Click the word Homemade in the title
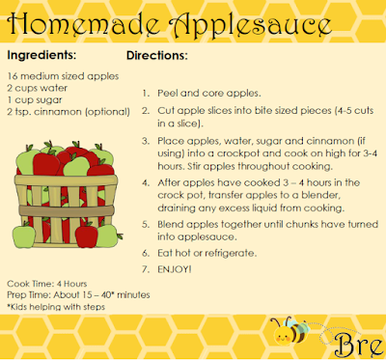click(x=84, y=25)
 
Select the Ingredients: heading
click(x=41, y=55)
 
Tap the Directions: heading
click(x=157, y=55)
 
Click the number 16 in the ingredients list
click(x=13, y=76)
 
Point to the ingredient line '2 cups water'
click(x=38, y=88)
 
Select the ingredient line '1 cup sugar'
click(x=35, y=100)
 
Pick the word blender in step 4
click(x=320, y=195)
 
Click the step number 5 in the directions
click(x=146, y=224)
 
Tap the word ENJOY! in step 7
click(x=175, y=269)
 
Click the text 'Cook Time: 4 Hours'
click(x=47, y=284)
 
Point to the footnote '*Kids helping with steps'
click(x=56, y=307)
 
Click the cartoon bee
click(x=289, y=331)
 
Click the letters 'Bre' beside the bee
click(x=358, y=346)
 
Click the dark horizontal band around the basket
click(x=67, y=211)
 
